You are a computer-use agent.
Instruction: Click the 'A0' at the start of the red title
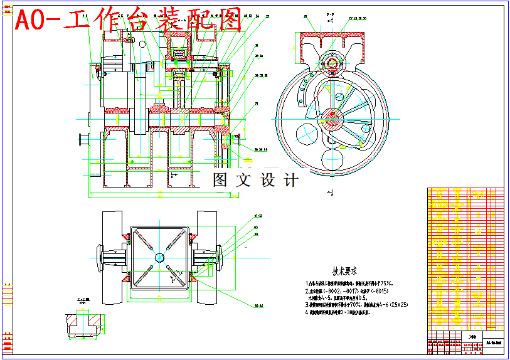[x=29, y=21]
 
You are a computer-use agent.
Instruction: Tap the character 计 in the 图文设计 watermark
[x=290, y=180]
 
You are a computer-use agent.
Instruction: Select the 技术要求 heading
[x=344, y=272]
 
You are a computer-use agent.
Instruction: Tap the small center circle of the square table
[x=159, y=257]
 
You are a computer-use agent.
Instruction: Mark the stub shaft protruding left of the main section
[x=82, y=138]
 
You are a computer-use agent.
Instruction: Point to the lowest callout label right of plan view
[x=258, y=306]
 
